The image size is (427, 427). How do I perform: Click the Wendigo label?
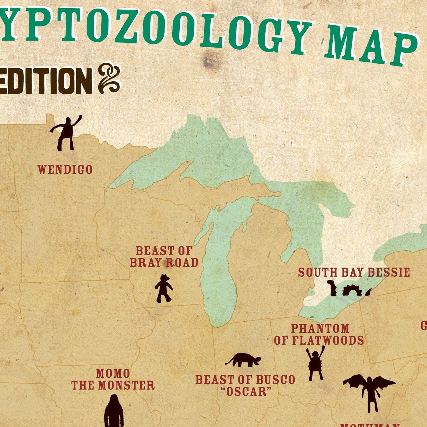65,170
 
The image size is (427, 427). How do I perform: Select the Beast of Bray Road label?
164,257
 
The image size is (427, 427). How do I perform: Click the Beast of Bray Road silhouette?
164,288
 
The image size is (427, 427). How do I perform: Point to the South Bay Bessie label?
354,272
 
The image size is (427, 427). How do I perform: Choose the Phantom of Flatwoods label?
319,335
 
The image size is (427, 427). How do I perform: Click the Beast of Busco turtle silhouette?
244,360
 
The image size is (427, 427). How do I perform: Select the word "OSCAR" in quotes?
246,392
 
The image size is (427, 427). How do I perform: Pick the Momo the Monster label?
113,379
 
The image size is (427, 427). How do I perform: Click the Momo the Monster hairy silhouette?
114,412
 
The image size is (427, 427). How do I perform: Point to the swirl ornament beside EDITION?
109,78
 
